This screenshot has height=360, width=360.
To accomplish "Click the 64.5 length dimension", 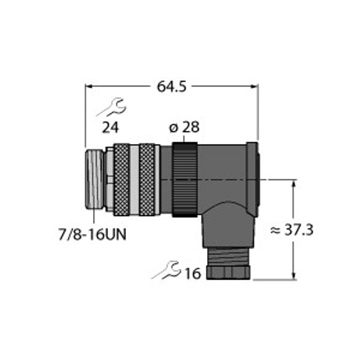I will click(172, 86).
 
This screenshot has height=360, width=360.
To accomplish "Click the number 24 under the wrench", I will click(110, 127).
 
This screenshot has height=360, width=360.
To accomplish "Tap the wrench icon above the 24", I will click(111, 108).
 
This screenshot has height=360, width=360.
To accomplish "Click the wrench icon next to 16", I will click(166, 270).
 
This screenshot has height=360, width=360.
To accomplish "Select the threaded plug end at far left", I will click(94, 179).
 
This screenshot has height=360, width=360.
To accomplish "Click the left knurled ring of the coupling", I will click(122, 179).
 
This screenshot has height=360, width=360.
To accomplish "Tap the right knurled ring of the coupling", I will click(147, 179).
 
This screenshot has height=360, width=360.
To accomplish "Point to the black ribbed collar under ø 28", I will click(185, 179).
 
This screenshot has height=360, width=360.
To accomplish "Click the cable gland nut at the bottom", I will click(228, 271).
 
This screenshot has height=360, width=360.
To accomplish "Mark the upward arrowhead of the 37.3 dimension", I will click(294, 183).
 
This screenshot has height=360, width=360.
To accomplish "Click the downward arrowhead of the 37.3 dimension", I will click(294, 275).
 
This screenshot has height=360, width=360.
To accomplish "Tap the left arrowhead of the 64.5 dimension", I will click(89, 86).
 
